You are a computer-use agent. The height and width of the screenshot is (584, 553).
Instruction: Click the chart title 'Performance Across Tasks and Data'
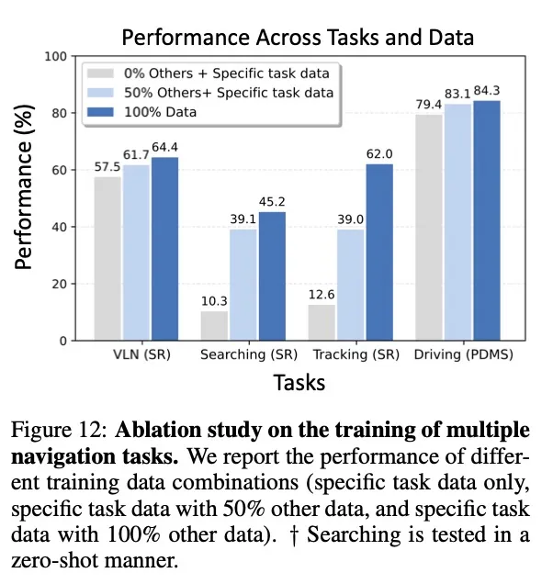pos(298,39)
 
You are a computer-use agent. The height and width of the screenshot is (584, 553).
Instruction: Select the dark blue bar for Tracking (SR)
pos(379,252)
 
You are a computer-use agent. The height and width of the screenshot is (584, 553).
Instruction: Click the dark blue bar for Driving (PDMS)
pos(487,220)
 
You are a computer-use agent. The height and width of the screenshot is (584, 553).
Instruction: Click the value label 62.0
pos(379,155)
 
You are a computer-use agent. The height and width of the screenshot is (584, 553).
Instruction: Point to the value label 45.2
pos(272,203)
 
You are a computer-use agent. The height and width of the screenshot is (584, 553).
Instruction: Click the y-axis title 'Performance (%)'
pos(26,198)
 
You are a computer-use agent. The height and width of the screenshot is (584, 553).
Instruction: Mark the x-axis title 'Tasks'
pos(299,382)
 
